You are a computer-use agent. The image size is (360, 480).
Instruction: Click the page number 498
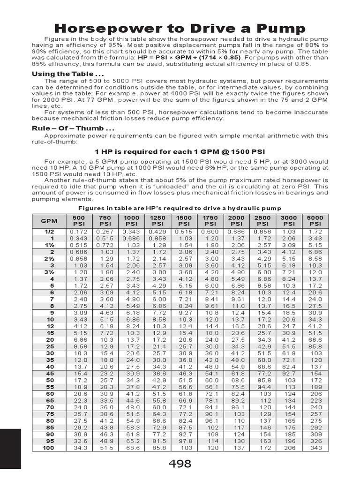[x=180, y=464]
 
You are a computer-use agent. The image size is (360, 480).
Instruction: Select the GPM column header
[x=49, y=220]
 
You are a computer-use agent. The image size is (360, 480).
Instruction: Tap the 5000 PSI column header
[x=315, y=220]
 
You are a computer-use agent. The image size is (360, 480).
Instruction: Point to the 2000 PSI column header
[x=236, y=220]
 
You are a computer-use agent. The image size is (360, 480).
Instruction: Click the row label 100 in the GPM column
[x=49, y=448]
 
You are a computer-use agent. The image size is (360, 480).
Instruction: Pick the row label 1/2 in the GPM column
[x=49, y=232]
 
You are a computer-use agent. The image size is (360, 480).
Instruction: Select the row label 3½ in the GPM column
[x=49, y=271]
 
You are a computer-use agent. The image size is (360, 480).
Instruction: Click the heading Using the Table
[x=67, y=74]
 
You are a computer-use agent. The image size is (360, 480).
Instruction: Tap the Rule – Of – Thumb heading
[x=73, y=128]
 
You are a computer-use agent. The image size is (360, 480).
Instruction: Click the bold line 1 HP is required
[x=180, y=152]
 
